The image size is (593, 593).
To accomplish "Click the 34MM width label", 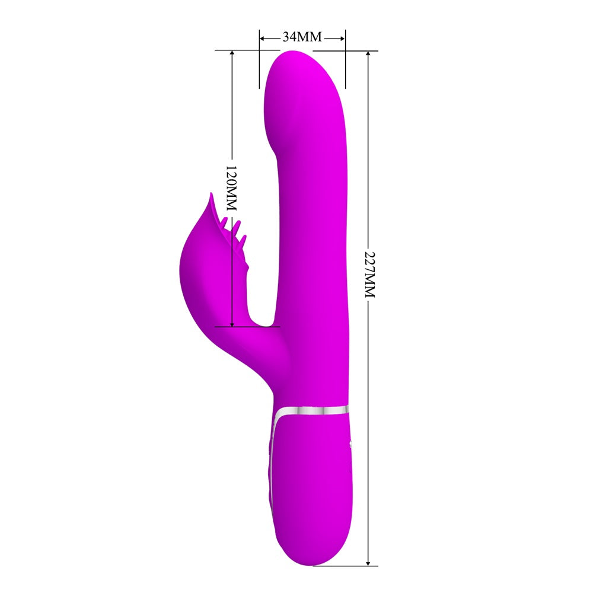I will (x=302, y=37).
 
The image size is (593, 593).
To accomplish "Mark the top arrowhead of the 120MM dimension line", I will (x=232, y=54).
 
